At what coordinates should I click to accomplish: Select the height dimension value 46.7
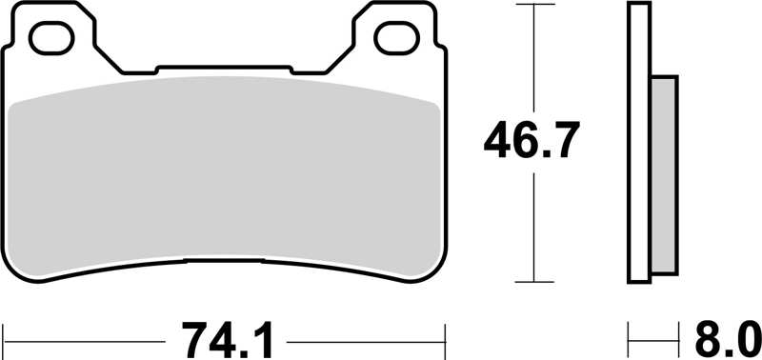[531, 143]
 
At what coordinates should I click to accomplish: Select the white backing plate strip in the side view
[639, 143]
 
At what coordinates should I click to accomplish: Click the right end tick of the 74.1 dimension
[445, 337]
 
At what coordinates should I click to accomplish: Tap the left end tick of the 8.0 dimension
[629, 337]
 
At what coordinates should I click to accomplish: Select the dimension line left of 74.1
[86, 337]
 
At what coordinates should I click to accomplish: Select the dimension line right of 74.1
[367, 337]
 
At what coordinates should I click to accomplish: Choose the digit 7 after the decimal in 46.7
[562, 143]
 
